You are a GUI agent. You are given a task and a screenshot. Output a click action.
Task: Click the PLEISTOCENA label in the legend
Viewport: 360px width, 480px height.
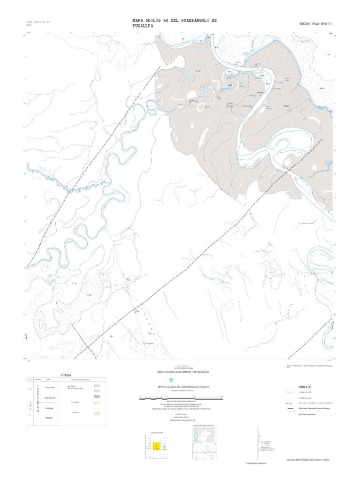click(x=50, y=397)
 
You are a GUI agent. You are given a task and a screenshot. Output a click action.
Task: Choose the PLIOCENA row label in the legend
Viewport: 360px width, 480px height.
click(x=50, y=408)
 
